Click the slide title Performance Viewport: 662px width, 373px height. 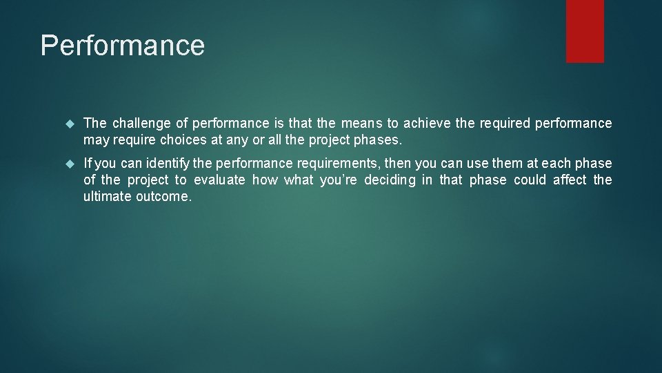[123, 46]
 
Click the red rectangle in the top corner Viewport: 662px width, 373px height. [585, 30]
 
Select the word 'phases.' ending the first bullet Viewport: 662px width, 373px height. [377, 140]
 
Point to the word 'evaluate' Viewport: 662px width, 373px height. [219, 180]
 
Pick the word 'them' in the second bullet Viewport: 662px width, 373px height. [507, 163]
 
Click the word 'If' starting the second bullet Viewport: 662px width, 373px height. [88, 163]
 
